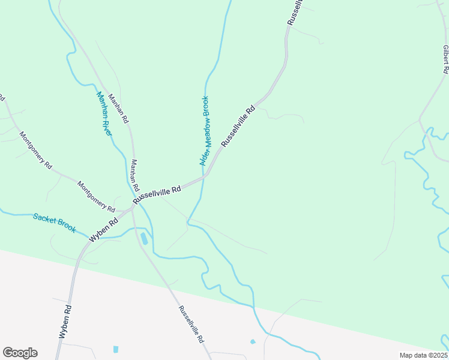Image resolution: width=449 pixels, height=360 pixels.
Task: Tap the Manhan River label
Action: coord(104,113)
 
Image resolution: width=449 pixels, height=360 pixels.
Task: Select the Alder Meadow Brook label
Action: coord(204,131)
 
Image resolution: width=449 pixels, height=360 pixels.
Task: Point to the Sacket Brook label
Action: coord(55,223)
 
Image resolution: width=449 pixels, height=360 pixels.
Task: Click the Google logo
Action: coord(20,353)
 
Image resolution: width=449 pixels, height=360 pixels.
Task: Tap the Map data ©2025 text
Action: coord(424,355)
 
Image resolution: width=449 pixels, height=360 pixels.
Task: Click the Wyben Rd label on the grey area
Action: coord(66,323)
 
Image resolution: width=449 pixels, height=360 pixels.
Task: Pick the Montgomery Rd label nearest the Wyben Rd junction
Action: coord(96,196)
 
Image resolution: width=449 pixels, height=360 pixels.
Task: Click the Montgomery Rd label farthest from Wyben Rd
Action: coord(35,151)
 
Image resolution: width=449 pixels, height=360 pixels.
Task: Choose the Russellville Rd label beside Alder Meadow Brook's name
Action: coord(238,127)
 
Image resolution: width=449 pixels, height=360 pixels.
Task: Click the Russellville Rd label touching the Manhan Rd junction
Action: coord(157,194)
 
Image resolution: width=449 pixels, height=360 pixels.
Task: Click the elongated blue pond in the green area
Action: coord(144,239)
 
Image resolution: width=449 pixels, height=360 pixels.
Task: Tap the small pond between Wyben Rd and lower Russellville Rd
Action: coord(115,349)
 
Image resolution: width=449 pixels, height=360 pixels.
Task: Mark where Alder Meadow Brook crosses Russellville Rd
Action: coord(204,176)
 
